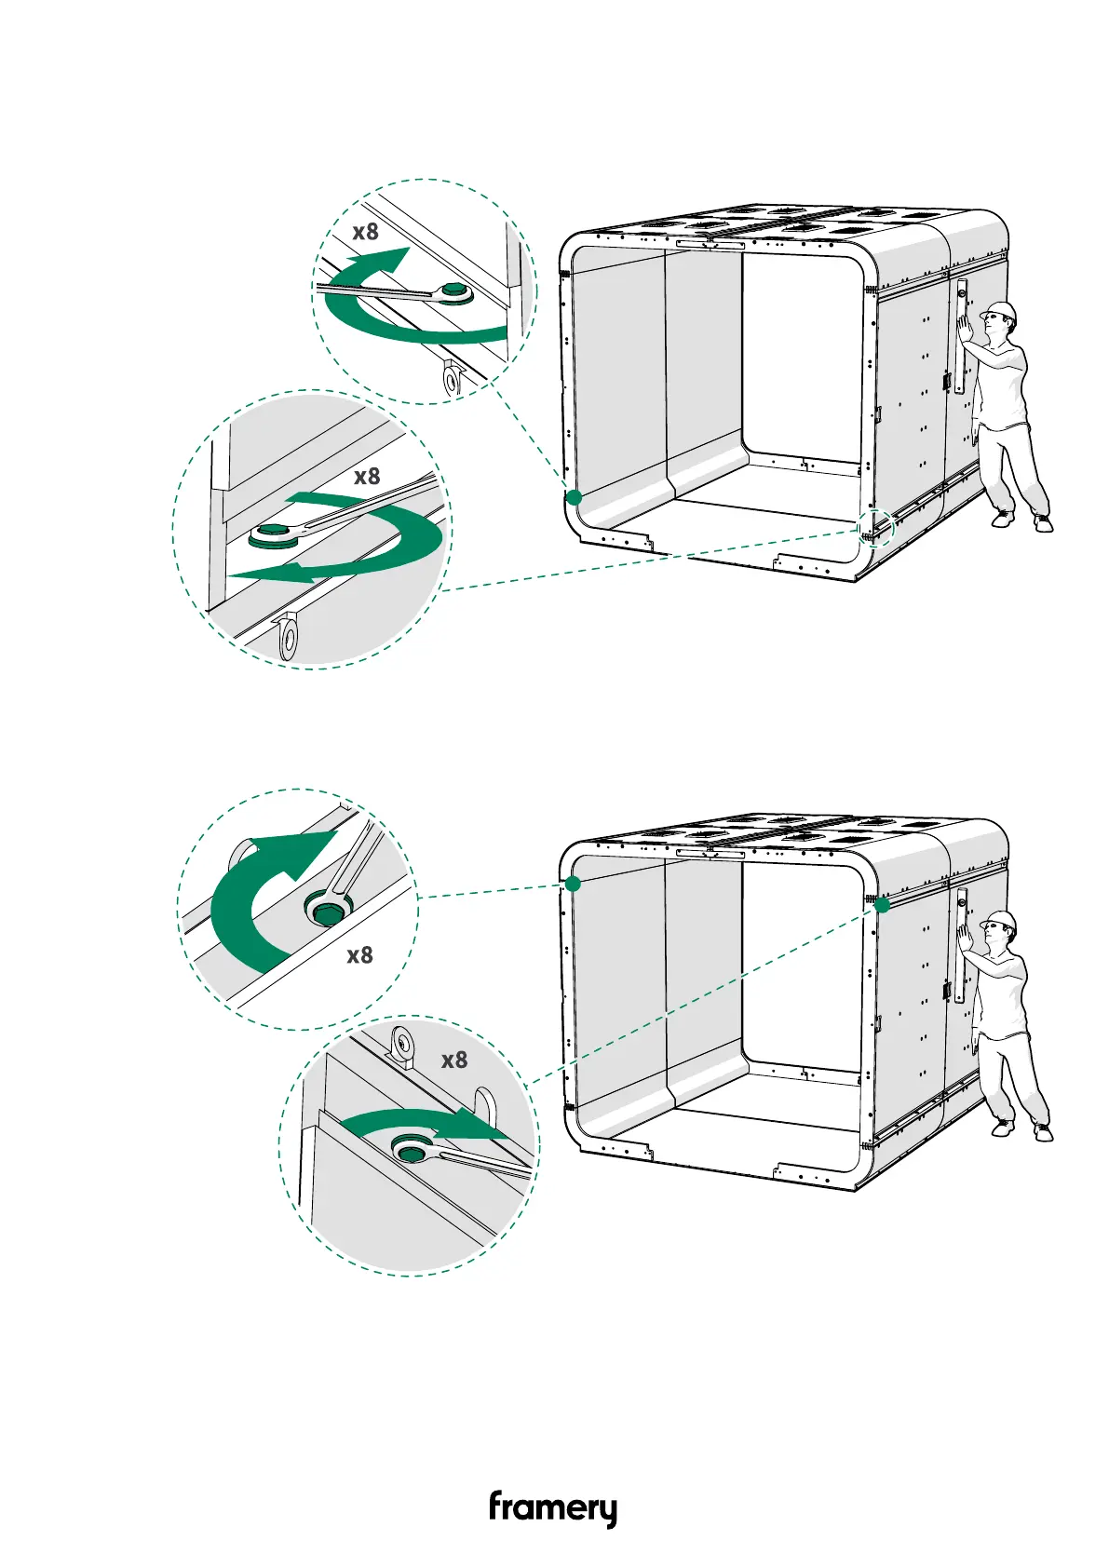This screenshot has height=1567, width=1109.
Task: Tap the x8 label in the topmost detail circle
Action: pos(366,231)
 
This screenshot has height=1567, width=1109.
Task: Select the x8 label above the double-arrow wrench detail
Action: pos(367,477)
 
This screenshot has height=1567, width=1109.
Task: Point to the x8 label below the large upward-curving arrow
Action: pos(359,955)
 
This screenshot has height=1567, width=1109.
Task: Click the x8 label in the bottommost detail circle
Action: pos(454,1060)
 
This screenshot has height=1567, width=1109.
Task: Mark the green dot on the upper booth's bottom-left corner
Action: pos(575,497)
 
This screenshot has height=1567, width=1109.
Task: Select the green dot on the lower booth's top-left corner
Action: pos(574,884)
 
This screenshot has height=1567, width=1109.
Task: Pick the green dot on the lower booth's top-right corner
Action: pos(882,904)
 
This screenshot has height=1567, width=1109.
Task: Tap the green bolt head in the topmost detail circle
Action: pos(455,292)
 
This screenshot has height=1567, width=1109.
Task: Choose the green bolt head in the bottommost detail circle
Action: pos(408,1149)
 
